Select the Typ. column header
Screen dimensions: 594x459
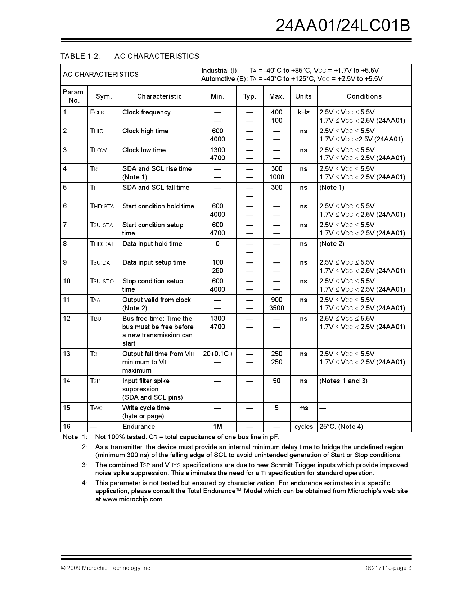click(x=249, y=96)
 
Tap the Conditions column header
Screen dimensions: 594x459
click(x=364, y=96)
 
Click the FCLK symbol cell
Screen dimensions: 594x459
click(x=97, y=112)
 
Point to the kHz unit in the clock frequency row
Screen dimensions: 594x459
click(x=303, y=112)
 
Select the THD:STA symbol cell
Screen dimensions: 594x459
click(x=102, y=206)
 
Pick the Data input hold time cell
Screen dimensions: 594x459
click(x=152, y=244)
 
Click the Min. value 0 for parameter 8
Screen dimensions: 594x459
click(x=217, y=244)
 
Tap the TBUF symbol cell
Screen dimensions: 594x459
click(x=97, y=319)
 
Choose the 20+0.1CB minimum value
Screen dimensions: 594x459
click(x=217, y=354)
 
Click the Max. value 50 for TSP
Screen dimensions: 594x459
click(x=276, y=381)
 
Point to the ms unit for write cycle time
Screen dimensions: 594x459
click(x=303, y=408)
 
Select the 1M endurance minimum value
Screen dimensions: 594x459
click(x=217, y=427)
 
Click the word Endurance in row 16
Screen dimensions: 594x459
click(x=139, y=427)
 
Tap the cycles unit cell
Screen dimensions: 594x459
click(x=303, y=427)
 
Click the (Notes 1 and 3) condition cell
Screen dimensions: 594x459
click(x=343, y=381)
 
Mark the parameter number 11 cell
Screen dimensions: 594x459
click(x=67, y=300)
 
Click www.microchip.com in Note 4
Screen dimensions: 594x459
click(x=133, y=499)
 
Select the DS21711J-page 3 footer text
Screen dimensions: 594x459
click(x=387, y=568)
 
